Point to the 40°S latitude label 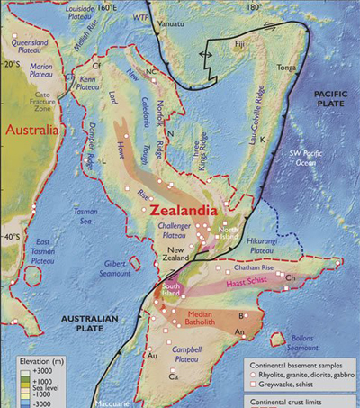pyautogui.click(x=13, y=237)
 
